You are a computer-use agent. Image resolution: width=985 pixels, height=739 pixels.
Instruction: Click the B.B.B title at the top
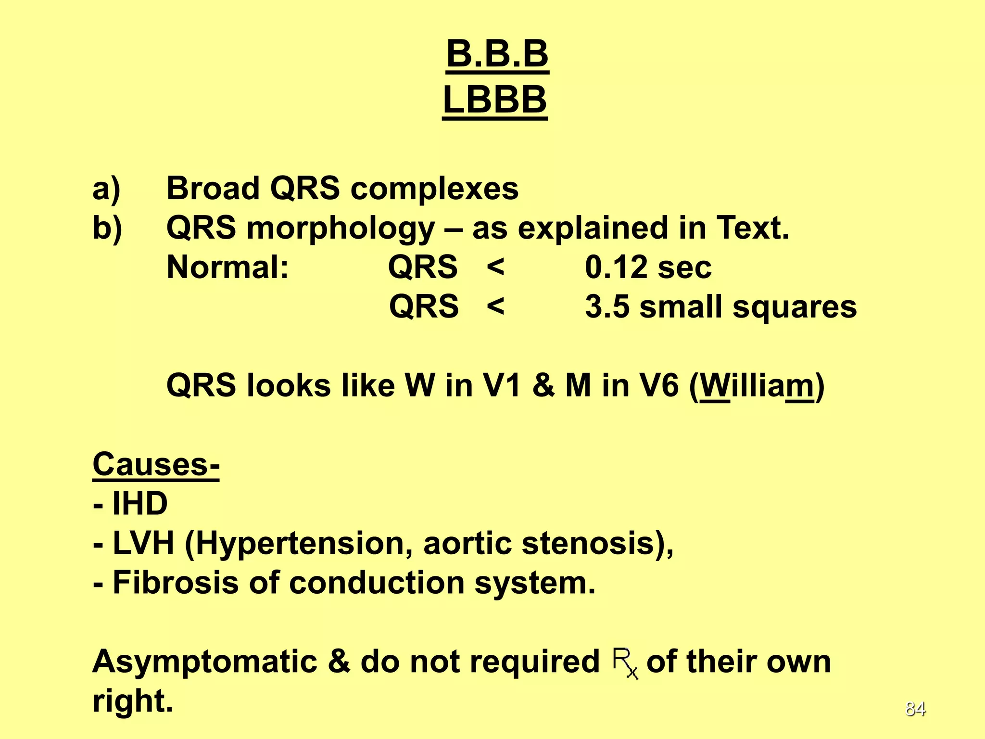pos(497,54)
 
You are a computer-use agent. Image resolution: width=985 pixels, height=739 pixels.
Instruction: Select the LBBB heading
pos(495,100)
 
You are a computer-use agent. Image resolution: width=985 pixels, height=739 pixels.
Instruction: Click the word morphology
pos(341,229)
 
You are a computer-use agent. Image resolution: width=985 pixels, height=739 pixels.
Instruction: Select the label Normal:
pos(227,267)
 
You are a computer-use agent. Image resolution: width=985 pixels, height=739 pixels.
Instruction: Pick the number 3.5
pos(607,306)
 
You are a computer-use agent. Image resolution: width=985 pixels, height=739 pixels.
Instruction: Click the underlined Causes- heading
pos(156,464)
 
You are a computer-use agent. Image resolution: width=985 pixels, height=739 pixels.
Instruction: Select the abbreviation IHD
pos(139,504)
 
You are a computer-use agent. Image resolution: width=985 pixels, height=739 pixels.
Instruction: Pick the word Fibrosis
pos(175,583)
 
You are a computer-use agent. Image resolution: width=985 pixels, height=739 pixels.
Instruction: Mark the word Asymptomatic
pos(205,662)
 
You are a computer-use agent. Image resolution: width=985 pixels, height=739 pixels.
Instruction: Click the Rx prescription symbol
pos(625,663)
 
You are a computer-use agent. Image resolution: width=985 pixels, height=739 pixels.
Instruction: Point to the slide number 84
pos(915,709)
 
